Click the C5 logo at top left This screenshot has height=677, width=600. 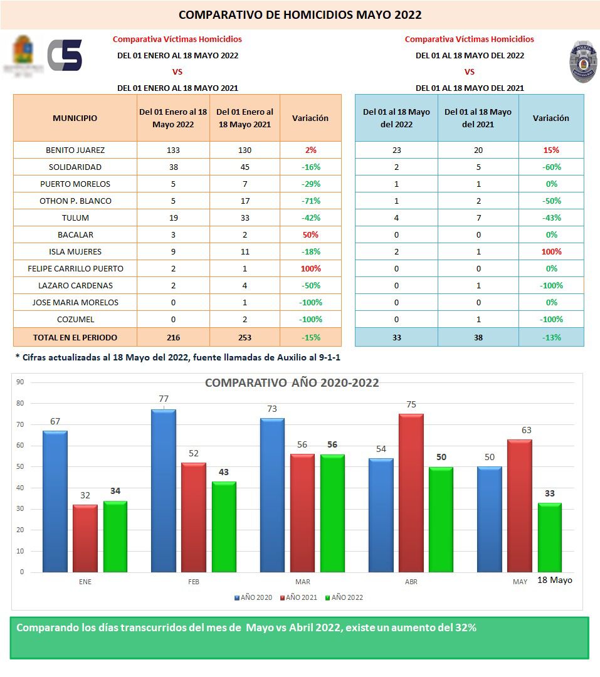point(65,55)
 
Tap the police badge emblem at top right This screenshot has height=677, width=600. point(582,62)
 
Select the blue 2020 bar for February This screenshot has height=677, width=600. point(163,490)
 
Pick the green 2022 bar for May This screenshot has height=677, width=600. point(549,537)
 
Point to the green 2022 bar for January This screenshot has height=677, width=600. point(115,536)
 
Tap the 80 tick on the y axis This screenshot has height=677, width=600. point(20,403)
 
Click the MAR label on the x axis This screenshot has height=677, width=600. point(302,582)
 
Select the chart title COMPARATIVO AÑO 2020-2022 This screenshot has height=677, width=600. point(292,382)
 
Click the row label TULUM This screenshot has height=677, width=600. point(75,218)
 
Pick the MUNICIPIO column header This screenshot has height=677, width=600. point(75,118)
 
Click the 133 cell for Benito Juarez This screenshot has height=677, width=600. point(173,150)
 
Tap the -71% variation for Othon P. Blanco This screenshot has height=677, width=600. point(310,201)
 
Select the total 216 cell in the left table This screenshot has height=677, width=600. point(173,337)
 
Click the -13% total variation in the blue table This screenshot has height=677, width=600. point(551,337)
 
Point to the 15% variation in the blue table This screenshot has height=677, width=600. point(551,150)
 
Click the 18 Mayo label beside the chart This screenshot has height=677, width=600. point(554,580)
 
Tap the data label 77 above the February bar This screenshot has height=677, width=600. point(164,399)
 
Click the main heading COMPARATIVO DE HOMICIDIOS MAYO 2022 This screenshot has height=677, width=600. point(300,15)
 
